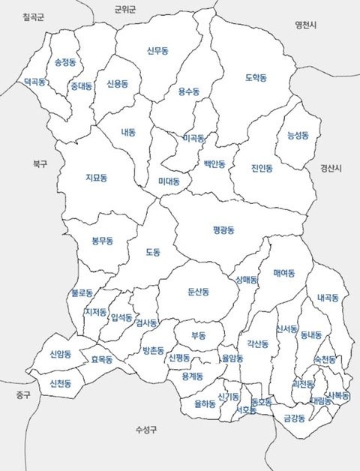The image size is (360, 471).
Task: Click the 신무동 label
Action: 157,51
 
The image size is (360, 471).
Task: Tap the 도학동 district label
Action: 256,77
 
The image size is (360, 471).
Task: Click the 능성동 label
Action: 298,136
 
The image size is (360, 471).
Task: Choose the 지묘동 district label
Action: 96,178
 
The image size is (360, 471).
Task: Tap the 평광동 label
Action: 223,230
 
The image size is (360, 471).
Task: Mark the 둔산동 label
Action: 199,290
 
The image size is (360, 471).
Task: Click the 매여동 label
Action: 284,272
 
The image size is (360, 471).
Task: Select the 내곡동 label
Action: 328,298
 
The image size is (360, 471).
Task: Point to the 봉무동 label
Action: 102,241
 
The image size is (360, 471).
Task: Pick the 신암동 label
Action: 61,354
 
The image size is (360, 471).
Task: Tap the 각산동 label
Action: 257,344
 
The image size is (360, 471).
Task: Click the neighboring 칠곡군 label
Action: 34,16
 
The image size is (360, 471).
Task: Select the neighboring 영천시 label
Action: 306,25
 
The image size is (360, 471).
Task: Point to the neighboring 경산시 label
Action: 330,168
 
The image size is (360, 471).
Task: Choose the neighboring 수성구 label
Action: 146,430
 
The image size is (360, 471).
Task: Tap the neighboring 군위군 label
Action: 126,10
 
